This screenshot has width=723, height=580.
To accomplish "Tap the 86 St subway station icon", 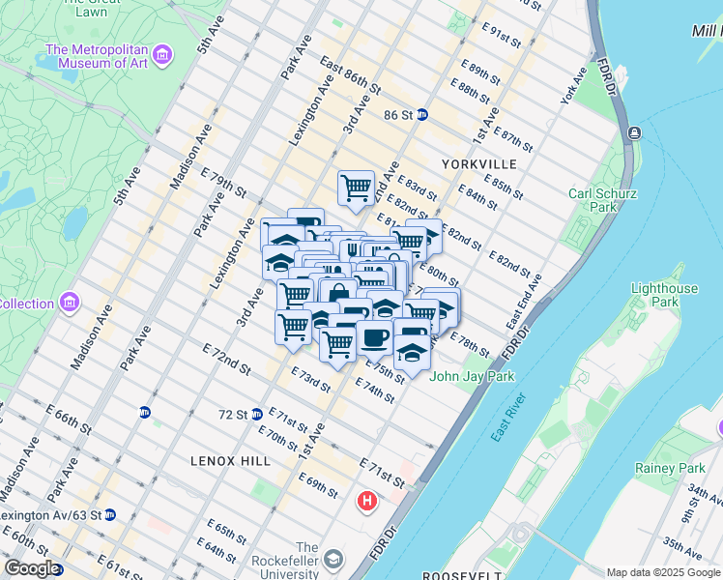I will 422,115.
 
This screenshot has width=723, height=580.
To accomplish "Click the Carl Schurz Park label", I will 602,200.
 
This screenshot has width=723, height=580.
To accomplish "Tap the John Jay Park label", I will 473,376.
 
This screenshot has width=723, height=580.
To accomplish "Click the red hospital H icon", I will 366,502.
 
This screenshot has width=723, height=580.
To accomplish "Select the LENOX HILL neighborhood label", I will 230,461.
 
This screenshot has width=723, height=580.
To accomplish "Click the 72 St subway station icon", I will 257,415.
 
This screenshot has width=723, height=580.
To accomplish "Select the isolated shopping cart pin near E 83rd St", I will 356,188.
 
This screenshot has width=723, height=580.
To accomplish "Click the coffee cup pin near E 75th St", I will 374,338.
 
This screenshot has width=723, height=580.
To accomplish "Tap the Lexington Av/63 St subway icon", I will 110,514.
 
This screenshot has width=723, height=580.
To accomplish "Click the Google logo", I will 32,568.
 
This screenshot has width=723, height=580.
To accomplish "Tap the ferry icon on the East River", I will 634,132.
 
